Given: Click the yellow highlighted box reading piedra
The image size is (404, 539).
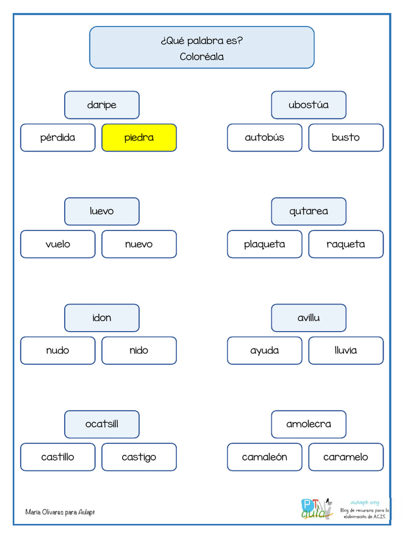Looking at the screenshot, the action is (139, 137).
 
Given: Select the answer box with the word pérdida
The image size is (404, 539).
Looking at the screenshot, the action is (58, 137).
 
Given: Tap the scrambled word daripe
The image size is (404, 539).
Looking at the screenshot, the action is (102, 105).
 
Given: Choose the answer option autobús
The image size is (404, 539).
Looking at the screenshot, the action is (265, 137).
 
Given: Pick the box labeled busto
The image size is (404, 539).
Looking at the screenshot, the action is (346, 137).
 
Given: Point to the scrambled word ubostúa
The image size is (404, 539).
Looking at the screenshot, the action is (308, 105).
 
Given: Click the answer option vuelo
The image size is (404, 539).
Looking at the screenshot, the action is (58, 244).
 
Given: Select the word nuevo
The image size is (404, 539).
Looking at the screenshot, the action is (139, 244).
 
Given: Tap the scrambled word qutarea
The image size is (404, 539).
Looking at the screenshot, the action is (308, 212).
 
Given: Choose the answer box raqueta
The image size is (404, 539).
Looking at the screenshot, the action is (346, 244).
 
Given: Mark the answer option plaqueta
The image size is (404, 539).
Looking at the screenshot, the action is (265, 244).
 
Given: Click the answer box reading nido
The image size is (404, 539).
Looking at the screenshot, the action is (139, 350).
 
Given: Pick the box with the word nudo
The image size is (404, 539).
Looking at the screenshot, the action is (58, 350).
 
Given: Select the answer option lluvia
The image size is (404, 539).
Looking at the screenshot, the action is (346, 350).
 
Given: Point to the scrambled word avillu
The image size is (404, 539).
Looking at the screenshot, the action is (308, 317).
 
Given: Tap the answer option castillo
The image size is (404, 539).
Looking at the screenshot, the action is (58, 457).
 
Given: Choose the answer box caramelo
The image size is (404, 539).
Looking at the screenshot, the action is (346, 457).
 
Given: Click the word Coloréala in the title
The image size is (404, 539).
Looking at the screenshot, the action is (201, 57).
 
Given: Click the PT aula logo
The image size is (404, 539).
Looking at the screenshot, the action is (317, 509).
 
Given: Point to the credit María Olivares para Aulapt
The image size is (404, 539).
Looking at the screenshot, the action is (60, 512).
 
